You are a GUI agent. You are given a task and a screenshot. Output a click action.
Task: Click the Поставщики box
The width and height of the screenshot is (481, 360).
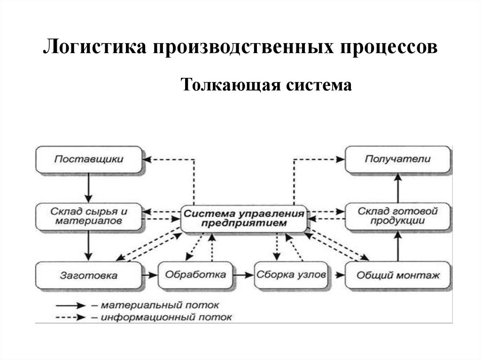[x=89, y=160]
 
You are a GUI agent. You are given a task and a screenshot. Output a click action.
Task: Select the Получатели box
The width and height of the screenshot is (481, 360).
[x=398, y=160]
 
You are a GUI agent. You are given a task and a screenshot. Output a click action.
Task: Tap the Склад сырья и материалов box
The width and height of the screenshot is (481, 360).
[x=89, y=216]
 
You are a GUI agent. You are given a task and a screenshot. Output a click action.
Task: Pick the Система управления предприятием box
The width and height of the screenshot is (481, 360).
[x=244, y=219]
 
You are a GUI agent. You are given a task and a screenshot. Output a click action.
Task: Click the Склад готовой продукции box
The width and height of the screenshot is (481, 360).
[x=398, y=216]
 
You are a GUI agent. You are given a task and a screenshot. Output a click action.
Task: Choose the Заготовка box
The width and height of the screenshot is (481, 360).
[x=89, y=276]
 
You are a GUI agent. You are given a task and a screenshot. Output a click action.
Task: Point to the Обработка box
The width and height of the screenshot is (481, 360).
[x=195, y=275]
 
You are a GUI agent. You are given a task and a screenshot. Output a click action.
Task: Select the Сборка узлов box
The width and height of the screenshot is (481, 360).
[x=291, y=275]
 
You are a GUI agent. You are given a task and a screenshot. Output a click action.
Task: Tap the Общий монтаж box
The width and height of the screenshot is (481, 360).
[x=398, y=275]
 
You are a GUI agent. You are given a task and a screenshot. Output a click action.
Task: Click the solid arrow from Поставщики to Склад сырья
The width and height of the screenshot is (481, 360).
[x=89, y=188]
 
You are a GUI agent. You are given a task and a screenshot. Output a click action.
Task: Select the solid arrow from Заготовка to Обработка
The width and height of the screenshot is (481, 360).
[x=150, y=276]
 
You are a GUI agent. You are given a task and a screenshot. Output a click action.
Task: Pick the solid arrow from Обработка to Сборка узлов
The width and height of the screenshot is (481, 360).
[x=244, y=276]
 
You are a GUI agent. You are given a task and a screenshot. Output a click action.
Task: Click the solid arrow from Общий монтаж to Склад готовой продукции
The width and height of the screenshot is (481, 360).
[x=398, y=246]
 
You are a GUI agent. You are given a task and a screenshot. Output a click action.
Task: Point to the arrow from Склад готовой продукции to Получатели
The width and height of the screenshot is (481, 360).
[x=398, y=188]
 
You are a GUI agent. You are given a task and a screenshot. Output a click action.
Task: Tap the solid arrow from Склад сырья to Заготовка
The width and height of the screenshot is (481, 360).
[x=89, y=246]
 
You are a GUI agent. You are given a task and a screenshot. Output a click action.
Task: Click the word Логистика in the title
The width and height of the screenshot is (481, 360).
[x=94, y=47]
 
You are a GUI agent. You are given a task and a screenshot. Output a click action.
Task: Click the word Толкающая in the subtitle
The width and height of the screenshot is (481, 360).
[x=230, y=85]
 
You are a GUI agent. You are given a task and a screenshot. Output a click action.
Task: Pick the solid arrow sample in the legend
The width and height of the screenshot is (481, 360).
[x=70, y=306]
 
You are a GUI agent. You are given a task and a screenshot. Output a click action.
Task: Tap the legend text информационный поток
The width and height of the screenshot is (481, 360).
[x=166, y=317]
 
